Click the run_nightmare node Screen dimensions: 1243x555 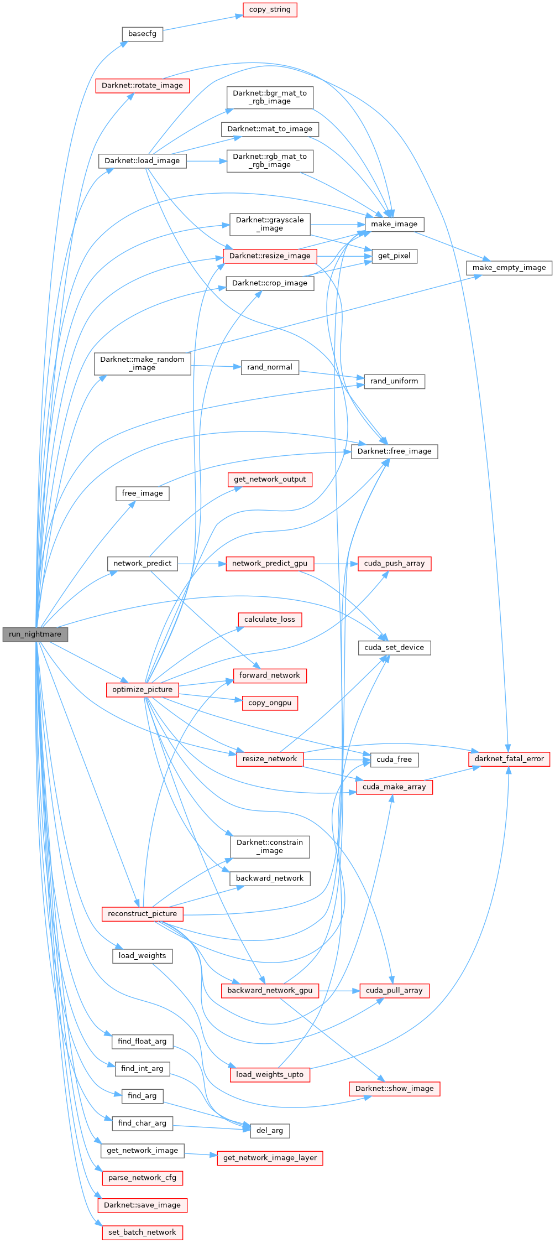coord(35,634)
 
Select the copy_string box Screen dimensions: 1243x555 coord(270,9)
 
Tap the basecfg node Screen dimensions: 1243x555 coord(142,34)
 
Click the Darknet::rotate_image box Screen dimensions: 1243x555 coord(143,86)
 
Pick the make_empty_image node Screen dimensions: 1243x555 coord(509,268)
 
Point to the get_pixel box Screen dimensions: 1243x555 coord(394,256)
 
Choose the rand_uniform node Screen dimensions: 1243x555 coord(394,381)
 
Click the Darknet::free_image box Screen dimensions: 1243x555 coord(394,451)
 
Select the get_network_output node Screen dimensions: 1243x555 coord(270,480)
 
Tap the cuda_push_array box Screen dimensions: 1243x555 coord(394,564)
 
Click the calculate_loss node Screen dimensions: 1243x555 coord(270,620)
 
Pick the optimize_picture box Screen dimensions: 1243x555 coord(143,690)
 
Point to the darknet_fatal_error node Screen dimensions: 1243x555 coord(509,758)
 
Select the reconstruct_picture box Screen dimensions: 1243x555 coord(143,914)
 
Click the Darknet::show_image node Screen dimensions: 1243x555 coord(394,1089)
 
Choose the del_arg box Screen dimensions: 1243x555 coord(270,1131)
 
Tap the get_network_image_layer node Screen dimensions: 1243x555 coord(270,1158)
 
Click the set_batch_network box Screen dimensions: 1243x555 coord(142,1232)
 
